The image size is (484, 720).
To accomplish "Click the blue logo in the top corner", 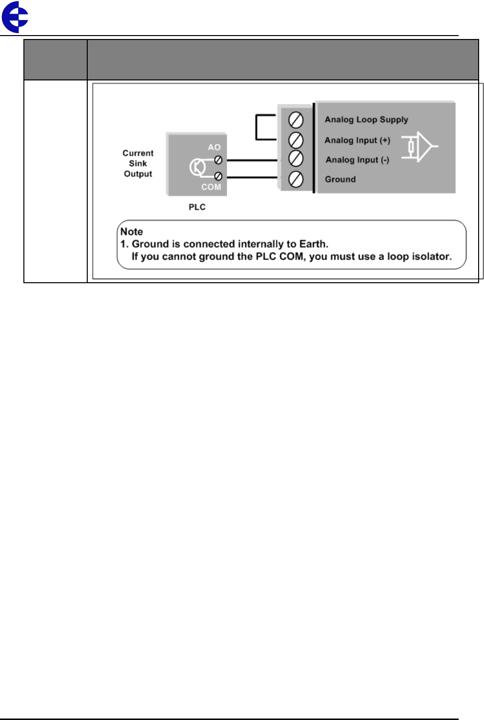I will click(15, 17).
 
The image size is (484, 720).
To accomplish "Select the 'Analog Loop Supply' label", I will click(366, 119).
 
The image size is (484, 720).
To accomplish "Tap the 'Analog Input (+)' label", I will click(357, 140).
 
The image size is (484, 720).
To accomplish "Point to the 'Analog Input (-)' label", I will click(357, 160).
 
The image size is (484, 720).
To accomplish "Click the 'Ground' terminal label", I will click(340, 179).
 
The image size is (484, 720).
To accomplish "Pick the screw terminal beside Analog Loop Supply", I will click(296, 120).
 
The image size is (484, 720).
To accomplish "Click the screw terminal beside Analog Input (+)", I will click(296, 140).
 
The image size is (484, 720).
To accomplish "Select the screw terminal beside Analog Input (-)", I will click(296, 158).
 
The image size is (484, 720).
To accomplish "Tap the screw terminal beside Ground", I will click(296, 179).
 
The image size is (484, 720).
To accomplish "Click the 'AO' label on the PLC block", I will click(214, 147).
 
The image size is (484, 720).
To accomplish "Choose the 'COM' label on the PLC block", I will click(211, 187).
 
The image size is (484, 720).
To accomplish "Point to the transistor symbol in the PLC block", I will click(197, 167).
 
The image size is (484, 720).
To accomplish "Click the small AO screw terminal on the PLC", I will click(218, 159).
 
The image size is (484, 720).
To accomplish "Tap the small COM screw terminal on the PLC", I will click(218, 176).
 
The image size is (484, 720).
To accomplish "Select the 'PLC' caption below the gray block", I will click(197, 207).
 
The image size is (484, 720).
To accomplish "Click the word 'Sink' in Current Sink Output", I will click(138, 164).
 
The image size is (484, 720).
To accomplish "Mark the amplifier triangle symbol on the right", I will click(422, 146).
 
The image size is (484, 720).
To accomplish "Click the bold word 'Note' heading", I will click(132, 232).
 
